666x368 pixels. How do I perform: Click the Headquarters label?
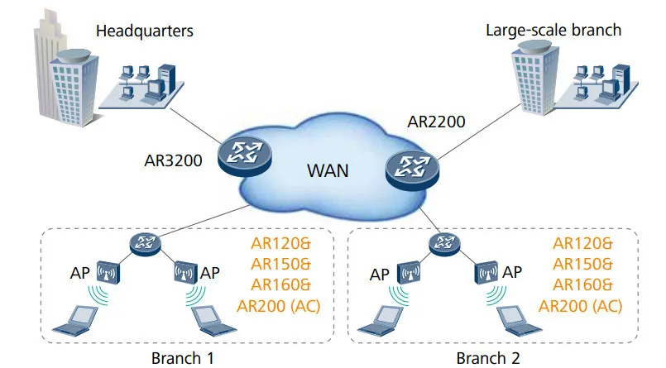pos(144,31)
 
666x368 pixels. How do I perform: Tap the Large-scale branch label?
pos(553,31)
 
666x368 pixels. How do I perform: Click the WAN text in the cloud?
pos(328,172)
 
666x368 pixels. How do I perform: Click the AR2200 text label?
pos(436,122)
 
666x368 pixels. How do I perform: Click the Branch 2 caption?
pos(488,358)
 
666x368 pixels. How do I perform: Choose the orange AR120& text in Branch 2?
pos(582,244)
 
